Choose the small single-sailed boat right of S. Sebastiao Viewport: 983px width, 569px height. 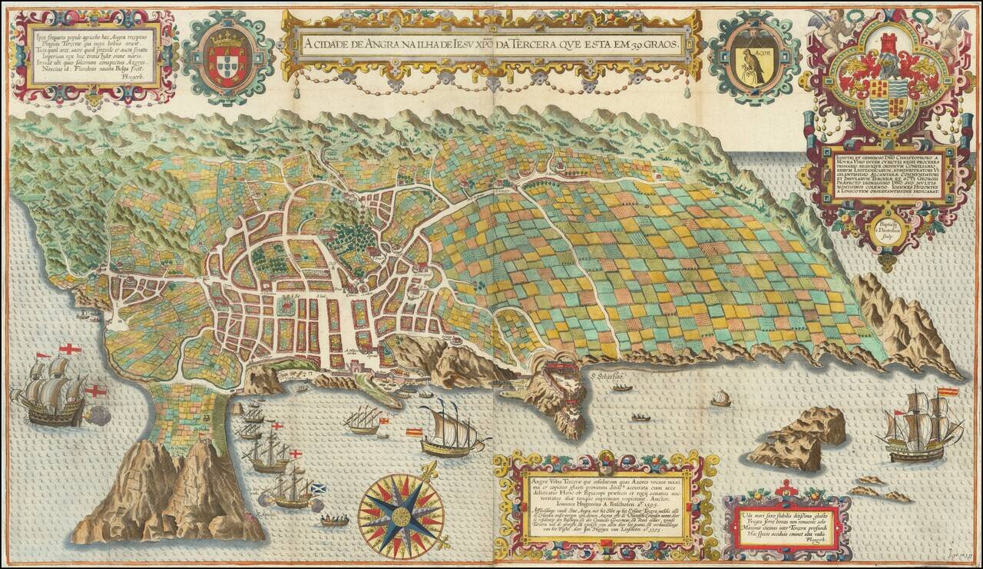(720, 399)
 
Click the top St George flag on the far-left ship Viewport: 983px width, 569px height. (70, 349)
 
